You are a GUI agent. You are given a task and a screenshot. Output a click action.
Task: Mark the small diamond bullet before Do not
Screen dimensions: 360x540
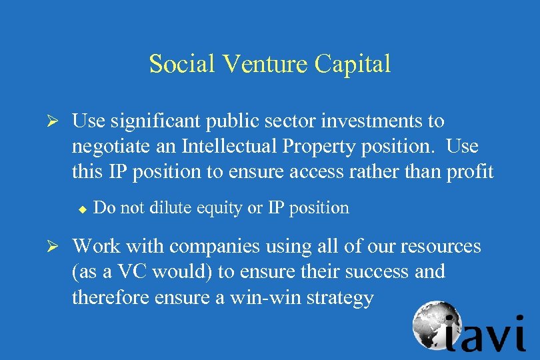click(82, 210)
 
